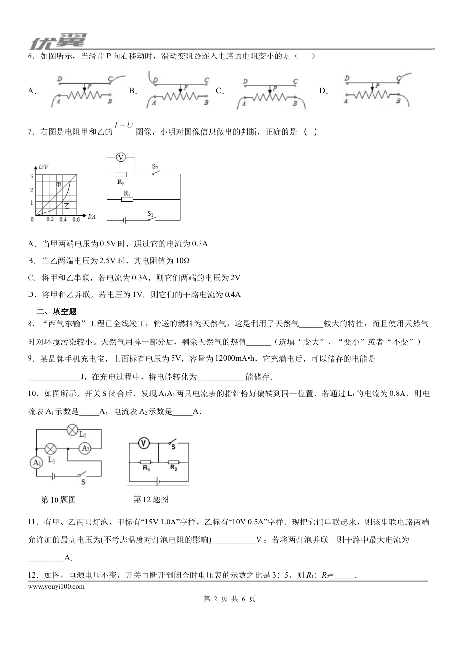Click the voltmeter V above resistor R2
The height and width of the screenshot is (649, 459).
[x=121, y=158]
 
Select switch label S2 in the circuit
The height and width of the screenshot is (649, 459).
[x=155, y=167]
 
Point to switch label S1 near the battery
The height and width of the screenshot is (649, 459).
[x=150, y=213]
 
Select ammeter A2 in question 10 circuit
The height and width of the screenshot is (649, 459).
[x=86, y=448]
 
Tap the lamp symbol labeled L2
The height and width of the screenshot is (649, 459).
[x=72, y=429]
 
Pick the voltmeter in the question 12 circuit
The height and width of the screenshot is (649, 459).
[x=143, y=443]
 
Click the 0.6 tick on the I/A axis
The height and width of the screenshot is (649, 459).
[x=76, y=220]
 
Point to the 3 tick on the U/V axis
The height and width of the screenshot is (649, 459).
[x=32, y=176]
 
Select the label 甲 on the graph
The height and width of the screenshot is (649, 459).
[x=58, y=184]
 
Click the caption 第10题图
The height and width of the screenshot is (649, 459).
[x=59, y=500]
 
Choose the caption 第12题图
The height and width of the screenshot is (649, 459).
[x=151, y=499]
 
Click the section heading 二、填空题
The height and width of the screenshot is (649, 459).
[x=57, y=311]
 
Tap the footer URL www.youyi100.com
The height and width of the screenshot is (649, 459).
[x=57, y=586]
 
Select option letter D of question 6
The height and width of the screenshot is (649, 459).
[x=323, y=90]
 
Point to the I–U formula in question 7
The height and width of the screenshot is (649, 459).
[x=124, y=125]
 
